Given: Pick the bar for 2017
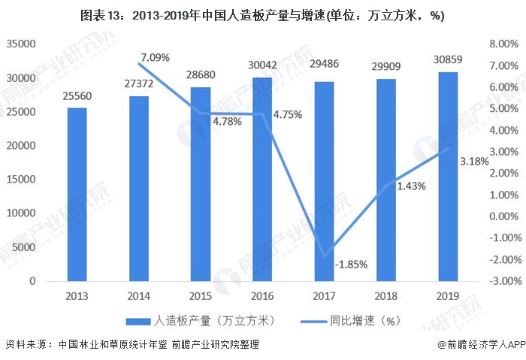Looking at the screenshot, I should (324, 181).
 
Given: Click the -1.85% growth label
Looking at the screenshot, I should (350, 264).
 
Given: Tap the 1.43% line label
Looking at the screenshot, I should (410, 186).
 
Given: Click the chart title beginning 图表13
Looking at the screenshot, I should (263, 15).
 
